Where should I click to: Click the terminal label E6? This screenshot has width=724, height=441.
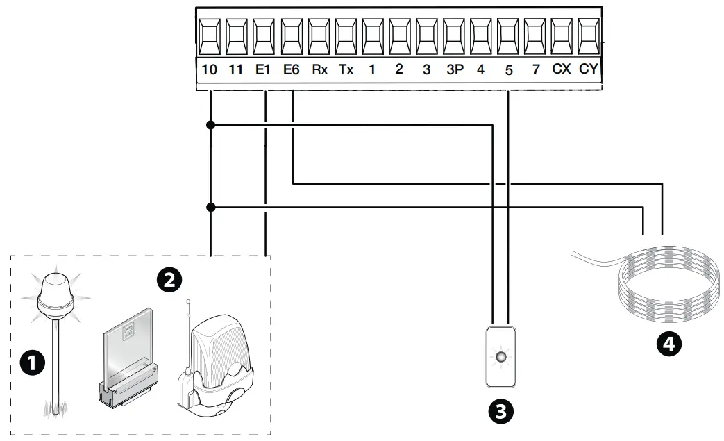[x=292, y=69]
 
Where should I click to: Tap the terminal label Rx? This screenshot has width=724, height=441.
[x=319, y=69]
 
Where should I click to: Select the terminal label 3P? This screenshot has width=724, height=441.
[x=454, y=69]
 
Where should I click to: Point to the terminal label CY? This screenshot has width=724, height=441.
[x=588, y=69]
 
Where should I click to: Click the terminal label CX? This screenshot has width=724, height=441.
[x=561, y=69]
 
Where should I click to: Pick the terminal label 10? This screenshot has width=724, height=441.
[x=209, y=69]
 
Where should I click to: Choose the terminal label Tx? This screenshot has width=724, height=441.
[x=346, y=69]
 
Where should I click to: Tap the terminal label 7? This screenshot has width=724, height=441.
[x=535, y=69]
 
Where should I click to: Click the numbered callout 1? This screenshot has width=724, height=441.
[x=33, y=363]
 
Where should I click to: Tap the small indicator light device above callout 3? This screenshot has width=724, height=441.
[x=500, y=357]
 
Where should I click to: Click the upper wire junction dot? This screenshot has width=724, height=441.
[x=210, y=125]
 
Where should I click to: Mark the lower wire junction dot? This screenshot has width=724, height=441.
[x=210, y=207]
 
